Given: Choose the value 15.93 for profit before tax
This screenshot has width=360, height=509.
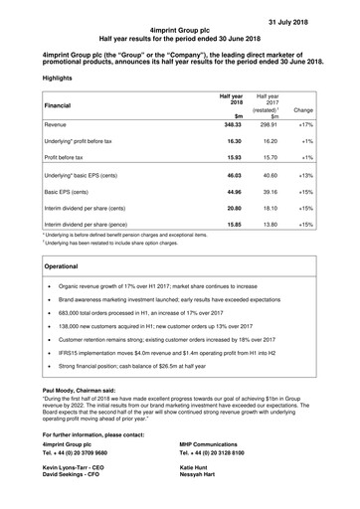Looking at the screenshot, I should (x=231, y=156).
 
